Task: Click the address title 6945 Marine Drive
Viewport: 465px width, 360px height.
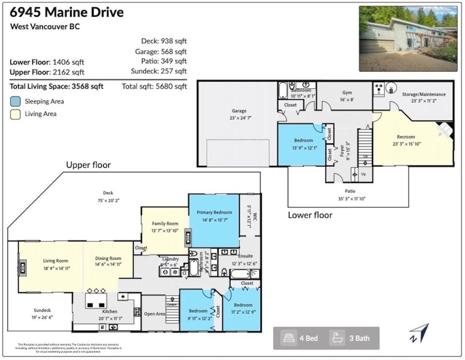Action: coord(67,12)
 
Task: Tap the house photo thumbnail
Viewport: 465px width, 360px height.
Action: coord(408,38)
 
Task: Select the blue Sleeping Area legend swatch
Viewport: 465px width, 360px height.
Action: coord(15,101)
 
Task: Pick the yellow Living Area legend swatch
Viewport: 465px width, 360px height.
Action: coord(15,114)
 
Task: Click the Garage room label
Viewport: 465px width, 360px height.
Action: coord(239,111)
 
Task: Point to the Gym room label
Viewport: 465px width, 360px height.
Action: coord(347,93)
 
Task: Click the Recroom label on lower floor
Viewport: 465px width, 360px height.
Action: coord(406,137)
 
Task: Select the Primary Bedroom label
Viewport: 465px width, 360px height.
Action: coord(214,212)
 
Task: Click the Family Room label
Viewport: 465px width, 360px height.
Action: coord(165,224)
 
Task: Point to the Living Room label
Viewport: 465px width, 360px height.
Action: coord(55,261)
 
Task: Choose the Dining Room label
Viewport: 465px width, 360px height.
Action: coord(108,259)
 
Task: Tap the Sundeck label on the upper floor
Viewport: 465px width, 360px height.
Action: coord(42,310)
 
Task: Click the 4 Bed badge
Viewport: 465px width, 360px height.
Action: coord(301,338)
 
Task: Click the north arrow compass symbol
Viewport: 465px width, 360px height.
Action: coord(419,333)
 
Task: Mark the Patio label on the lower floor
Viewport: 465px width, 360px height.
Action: coord(350,191)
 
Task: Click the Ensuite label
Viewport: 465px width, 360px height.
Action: coord(245,256)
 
